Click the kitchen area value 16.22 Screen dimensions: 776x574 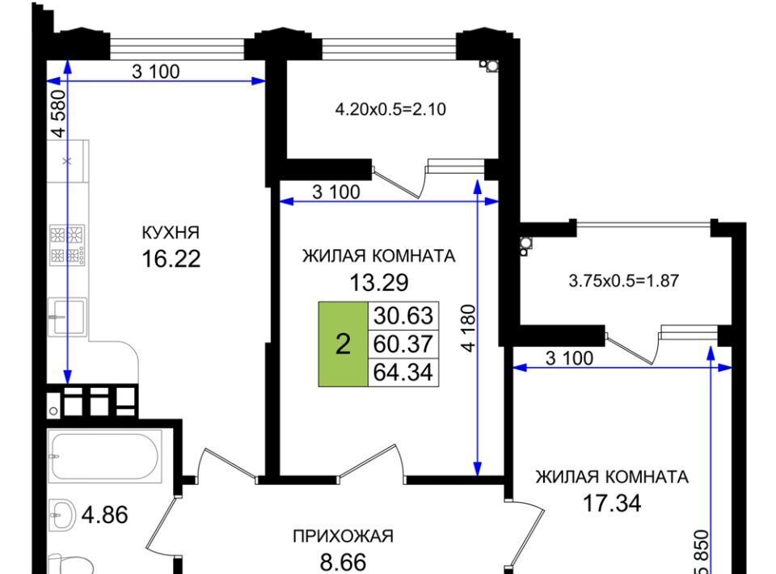pos(171,259)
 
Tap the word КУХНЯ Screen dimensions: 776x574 pos(171,232)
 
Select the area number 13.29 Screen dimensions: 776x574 pos(379,282)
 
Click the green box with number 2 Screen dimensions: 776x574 pos(343,344)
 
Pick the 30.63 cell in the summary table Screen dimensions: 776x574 pos(403,315)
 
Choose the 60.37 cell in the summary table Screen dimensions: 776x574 pos(403,344)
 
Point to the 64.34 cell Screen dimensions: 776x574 pos(403,372)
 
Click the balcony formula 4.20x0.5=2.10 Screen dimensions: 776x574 pos(391,109)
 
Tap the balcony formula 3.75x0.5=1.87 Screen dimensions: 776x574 pos(624,281)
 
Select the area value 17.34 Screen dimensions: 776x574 pos(612,503)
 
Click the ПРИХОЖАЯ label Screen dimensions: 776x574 pos(344,536)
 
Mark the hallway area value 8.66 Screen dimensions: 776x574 pos(344,563)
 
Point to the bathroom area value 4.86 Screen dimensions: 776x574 pos(105,515)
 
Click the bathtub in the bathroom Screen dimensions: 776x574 pos(105,455)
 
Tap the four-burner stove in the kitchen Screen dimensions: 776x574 pos(68,244)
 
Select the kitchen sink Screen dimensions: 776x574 pos(67,317)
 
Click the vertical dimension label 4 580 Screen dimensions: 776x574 pos(58,113)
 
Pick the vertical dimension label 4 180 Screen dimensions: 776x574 pos(468,327)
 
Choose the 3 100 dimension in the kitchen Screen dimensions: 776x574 pos(156,72)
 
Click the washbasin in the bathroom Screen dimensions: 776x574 pos(62,515)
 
